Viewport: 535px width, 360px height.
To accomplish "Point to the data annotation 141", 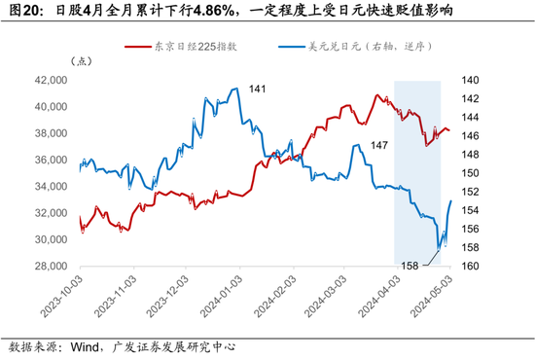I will click(257, 90).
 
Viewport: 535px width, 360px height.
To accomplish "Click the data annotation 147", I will click(379, 145).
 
